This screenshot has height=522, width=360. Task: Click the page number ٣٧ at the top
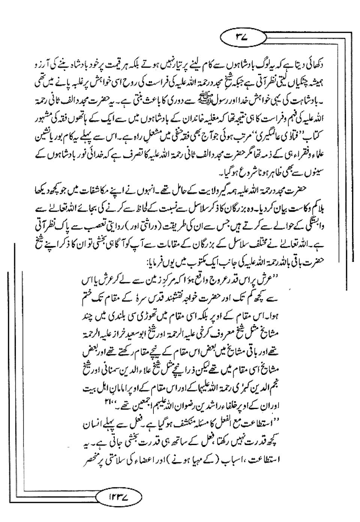pos(244,38)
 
